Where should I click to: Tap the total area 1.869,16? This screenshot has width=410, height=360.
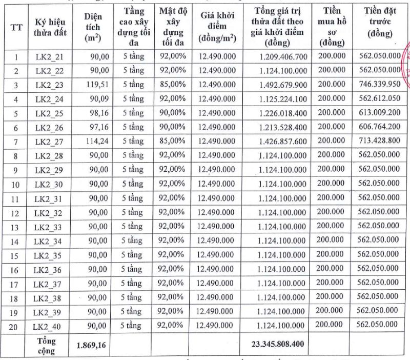(x=92, y=346)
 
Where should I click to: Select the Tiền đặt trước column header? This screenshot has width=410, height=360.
(x=381, y=23)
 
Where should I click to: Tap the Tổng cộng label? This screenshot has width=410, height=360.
(x=47, y=346)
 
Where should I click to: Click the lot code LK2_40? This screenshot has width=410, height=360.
(x=47, y=326)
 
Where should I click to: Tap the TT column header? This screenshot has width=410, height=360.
(x=16, y=28)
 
